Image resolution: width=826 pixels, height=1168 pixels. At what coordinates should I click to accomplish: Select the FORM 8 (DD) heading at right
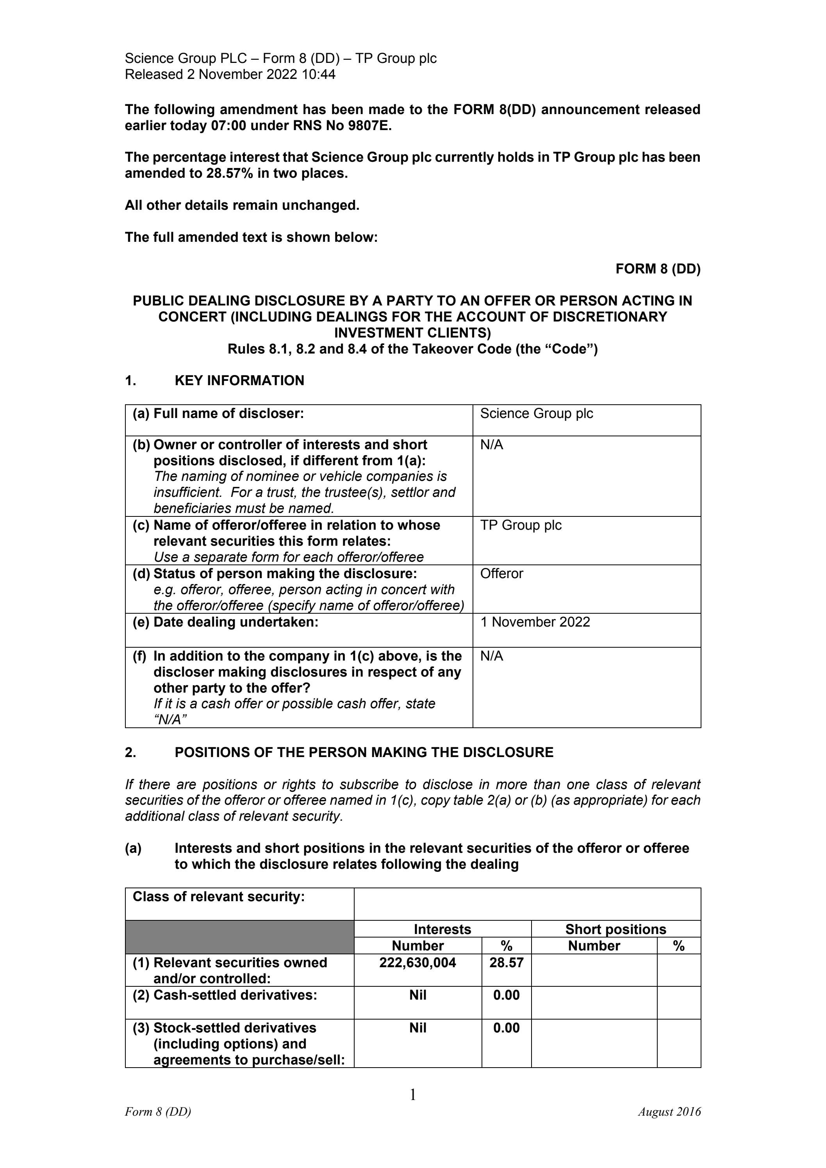click(658, 269)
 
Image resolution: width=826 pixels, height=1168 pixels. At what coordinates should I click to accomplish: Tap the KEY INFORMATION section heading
click(239, 380)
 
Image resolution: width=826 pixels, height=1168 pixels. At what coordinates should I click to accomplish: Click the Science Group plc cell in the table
click(536, 414)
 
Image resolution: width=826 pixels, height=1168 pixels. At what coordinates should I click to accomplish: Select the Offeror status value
click(501, 573)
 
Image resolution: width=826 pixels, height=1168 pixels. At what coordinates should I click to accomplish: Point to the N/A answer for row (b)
click(491, 445)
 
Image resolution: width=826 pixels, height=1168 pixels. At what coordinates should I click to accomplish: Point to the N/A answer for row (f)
click(491, 656)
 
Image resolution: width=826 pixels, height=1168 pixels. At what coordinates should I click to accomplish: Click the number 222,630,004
click(417, 963)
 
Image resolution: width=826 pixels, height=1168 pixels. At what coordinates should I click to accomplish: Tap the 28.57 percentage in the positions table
click(506, 963)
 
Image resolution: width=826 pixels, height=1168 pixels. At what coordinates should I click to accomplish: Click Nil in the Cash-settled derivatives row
click(417, 995)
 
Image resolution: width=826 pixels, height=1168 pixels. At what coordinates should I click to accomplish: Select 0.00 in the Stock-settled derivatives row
click(506, 1028)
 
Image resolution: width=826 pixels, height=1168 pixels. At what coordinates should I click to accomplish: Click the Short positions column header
click(615, 929)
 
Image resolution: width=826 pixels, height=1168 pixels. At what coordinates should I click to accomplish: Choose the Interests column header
click(442, 929)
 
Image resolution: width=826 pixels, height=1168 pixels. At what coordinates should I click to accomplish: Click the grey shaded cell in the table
click(239, 937)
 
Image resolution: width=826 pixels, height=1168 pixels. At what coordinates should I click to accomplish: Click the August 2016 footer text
click(669, 1112)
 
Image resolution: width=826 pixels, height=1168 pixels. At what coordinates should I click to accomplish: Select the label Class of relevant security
click(219, 897)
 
